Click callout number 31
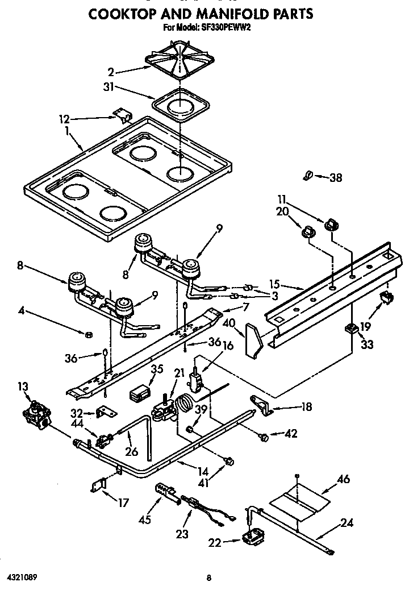(108, 87)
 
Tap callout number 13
(23, 387)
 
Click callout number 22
(215, 542)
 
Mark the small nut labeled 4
(88, 333)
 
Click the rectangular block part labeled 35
(140, 393)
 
